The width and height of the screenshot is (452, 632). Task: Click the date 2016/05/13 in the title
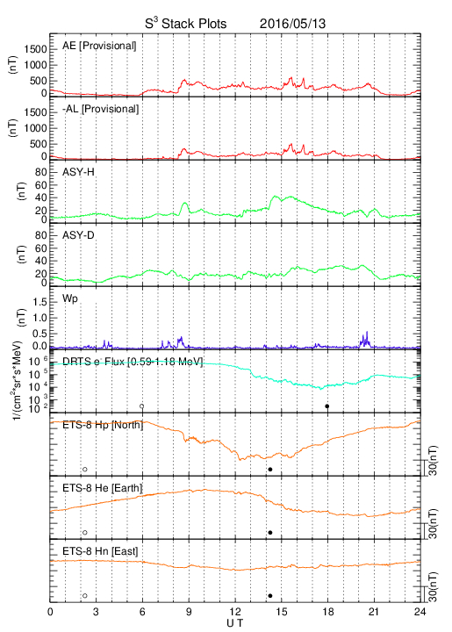tap(292, 24)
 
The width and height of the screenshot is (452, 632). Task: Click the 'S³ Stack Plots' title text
tap(186, 24)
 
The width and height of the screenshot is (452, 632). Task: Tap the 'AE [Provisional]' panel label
tap(99, 46)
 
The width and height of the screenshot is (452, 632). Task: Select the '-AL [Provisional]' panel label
tap(100, 109)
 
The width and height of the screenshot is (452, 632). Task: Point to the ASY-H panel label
tap(78, 172)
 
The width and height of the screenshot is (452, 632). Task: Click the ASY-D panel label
tap(78, 235)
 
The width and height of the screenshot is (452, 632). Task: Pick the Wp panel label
tap(70, 298)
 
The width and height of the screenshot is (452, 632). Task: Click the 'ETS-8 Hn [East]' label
tap(100, 551)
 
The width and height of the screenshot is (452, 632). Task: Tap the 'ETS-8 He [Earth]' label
tap(103, 488)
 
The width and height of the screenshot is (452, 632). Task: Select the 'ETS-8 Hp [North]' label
tap(103, 425)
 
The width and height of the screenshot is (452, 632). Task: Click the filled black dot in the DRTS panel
tap(327, 406)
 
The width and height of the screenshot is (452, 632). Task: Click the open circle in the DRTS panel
tap(142, 406)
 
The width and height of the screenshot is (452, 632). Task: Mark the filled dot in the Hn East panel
tap(270, 596)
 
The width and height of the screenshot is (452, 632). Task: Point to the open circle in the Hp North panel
tap(85, 469)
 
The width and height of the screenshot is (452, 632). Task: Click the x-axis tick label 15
tap(282, 612)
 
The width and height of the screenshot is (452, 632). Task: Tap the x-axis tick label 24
tap(420, 612)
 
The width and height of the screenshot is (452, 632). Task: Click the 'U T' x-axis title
tap(235, 623)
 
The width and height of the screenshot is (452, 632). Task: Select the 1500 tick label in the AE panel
tap(35, 49)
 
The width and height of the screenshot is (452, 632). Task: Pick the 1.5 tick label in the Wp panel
tap(39, 302)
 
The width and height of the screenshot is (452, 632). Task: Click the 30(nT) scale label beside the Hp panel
tap(433, 460)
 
